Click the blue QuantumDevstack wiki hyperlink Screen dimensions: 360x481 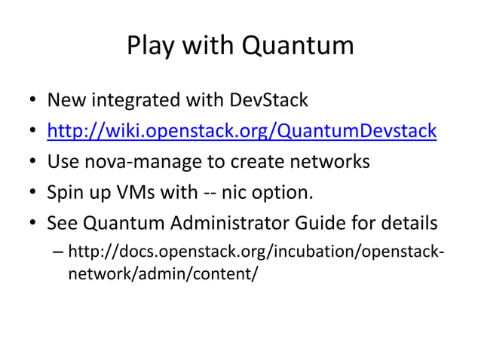[x=241, y=131]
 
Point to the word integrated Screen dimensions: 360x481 [x=142, y=100]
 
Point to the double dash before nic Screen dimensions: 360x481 [x=209, y=194]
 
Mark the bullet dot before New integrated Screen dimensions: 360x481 [x=34, y=101]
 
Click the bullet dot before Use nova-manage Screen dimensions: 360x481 [x=34, y=163]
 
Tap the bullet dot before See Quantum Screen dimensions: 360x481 [x=34, y=224]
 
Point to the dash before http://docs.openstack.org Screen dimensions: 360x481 [x=58, y=252]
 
